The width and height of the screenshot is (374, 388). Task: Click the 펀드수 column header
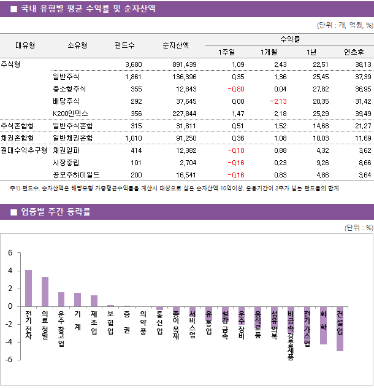(x=125, y=45)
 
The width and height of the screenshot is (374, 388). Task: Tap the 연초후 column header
(x=354, y=52)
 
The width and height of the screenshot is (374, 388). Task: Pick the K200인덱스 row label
(x=71, y=113)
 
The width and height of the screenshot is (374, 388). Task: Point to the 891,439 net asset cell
(x=182, y=64)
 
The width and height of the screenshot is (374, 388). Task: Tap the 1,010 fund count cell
(x=132, y=138)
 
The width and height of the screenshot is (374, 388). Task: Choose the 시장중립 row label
(x=67, y=162)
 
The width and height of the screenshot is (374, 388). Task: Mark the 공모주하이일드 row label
(x=76, y=174)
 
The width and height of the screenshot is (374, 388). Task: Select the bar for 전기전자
(x=28, y=288)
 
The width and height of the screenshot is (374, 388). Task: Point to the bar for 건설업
(x=340, y=328)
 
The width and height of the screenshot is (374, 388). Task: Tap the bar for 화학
(x=323, y=325)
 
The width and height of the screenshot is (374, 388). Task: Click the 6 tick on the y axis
(x=10, y=252)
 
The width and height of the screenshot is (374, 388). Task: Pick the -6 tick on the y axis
(x=9, y=360)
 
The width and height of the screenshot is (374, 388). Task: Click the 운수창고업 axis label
(x=61, y=328)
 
